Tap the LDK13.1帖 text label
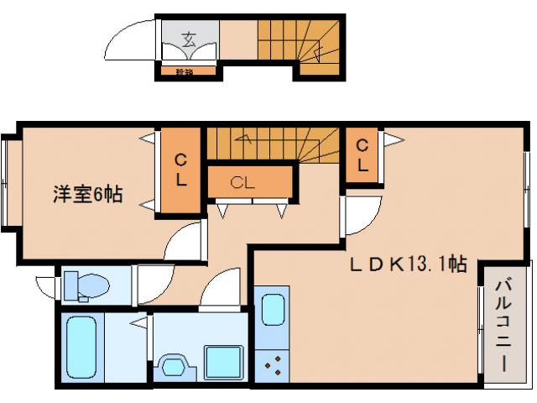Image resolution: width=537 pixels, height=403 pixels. pyautogui.click(x=408, y=264)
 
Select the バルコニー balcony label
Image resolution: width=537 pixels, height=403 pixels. pyautogui.click(x=503, y=327)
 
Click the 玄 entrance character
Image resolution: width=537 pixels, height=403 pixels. pyautogui.click(x=190, y=38)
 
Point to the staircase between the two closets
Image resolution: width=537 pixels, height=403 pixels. pyautogui.click(x=273, y=144)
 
